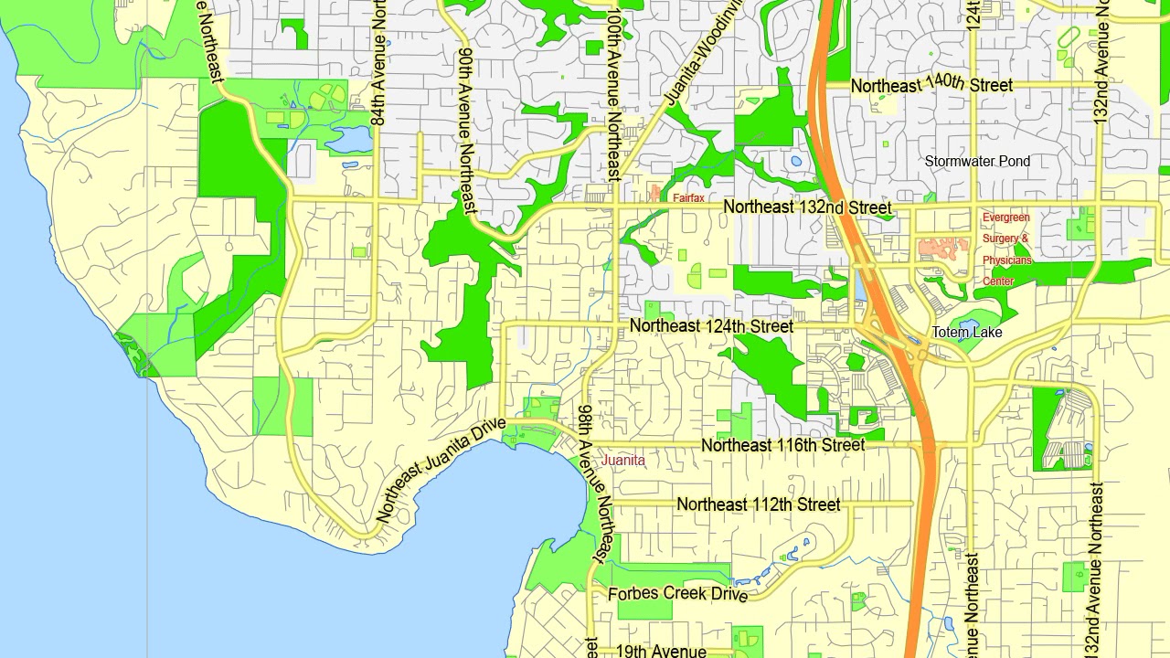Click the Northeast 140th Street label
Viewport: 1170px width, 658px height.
[931, 85]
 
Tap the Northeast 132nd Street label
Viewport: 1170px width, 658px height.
[807, 207]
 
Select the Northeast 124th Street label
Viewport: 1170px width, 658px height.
[711, 326]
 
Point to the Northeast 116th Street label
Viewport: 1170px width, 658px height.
[782, 445]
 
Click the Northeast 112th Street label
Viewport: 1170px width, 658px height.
[758, 504]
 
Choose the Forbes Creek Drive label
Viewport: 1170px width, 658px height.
[677, 594]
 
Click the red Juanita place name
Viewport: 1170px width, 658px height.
[622, 461]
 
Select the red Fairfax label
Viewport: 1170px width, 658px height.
[688, 197]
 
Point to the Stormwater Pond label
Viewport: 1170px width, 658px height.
[977, 162]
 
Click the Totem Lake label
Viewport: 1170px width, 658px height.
[967, 333]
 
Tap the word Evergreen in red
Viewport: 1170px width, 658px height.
[1005, 218]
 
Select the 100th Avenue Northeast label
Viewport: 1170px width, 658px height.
[615, 93]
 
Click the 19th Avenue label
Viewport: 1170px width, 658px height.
[661, 651]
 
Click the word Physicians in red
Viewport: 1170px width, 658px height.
[1007, 260]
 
